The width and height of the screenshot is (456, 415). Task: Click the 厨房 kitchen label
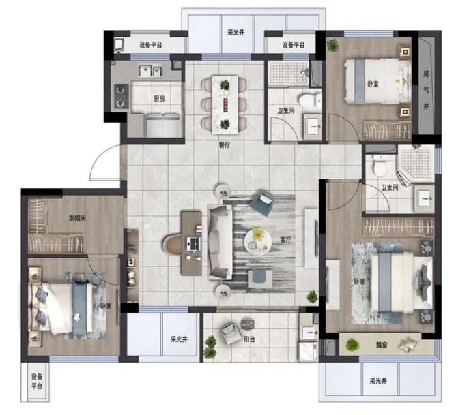[159, 99]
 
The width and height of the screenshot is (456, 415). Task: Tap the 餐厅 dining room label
[224, 145]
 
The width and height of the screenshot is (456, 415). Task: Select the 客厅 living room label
[285, 240]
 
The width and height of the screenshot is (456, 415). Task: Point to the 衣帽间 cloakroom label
[77, 218]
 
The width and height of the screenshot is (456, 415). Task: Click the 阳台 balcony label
[249, 339]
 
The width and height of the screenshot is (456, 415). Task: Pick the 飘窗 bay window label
[382, 345]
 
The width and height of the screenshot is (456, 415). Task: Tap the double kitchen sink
[150, 71]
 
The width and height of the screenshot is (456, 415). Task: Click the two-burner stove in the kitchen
[122, 96]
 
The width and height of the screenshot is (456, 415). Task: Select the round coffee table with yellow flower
[258, 241]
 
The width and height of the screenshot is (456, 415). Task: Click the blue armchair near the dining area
[262, 202]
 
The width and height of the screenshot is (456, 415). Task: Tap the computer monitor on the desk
[193, 243]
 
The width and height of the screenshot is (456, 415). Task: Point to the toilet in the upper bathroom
[311, 101]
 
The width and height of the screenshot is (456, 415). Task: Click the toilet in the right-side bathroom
[380, 166]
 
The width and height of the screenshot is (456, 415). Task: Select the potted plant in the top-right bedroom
[332, 46]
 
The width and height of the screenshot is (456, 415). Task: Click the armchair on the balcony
[231, 333]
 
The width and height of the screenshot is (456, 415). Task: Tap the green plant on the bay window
[352, 345]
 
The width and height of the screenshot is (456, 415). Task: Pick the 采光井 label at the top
[236, 33]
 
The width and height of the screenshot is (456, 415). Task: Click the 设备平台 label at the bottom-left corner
[37, 382]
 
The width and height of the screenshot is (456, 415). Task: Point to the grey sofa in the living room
[220, 243]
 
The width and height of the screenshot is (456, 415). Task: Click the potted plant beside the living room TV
[312, 296]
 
